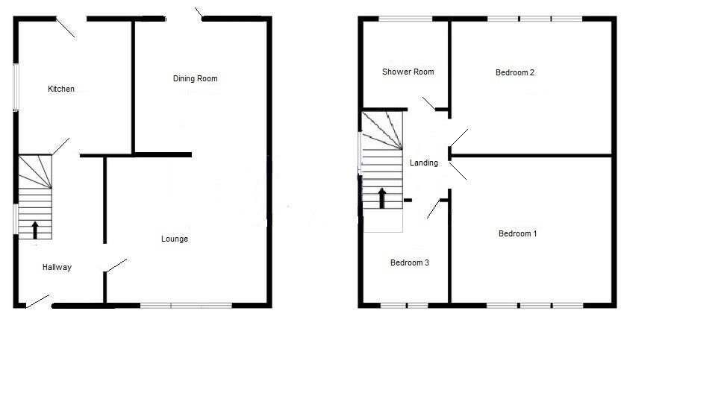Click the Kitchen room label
pyautogui.click(x=61, y=89)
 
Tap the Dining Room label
pyautogui.click(x=195, y=78)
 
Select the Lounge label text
pyautogui.click(x=175, y=239)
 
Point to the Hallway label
pyautogui.click(x=57, y=267)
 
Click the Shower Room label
pyautogui.click(x=408, y=72)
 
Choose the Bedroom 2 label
pyautogui.click(x=515, y=73)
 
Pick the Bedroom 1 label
pyautogui.click(x=518, y=234)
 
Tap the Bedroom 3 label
pyautogui.click(x=410, y=262)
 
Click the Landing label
pyautogui.click(x=424, y=163)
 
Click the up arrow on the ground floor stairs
pyautogui.click(x=35, y=229)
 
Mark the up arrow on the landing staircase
pyautogui.click(x=382, y=198)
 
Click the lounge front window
pyautogui.click(x=186, y=304)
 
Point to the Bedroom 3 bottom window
pyautogui.click(x=405, y=304)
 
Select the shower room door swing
pyautogui.click(x=428, y=103)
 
